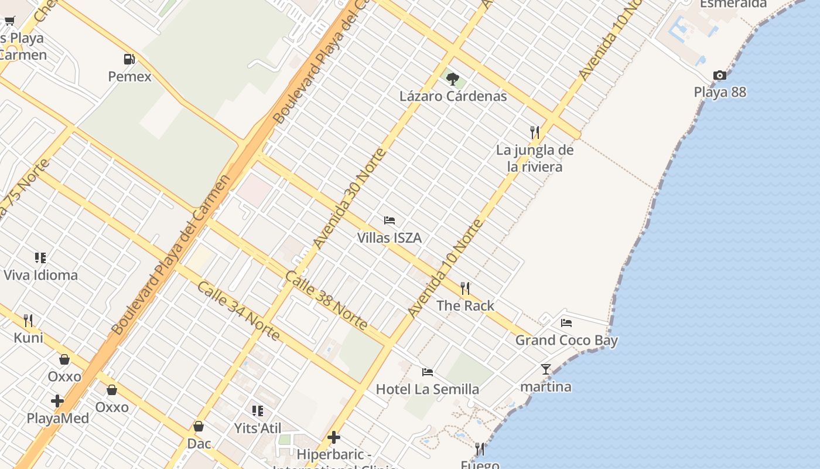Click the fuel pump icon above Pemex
click(x=129, y=59)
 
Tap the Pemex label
click(x=129, y=76)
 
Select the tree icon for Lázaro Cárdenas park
click(x=452, y=79)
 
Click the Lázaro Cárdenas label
click(x=453, y=96)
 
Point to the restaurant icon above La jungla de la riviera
click(x=534, y=132)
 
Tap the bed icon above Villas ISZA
click(x=389, y=220)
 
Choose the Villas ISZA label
click(x=389, y=238)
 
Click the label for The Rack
click(x=465, y=305)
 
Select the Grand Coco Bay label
click(x=566, y=340)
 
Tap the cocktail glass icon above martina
click(x=546, y=369)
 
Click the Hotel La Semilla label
click(x=427, y=389)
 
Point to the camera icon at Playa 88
click(x=720, y=75)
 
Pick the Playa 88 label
click(x=720, y=92)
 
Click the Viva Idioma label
click(x=40, y=275)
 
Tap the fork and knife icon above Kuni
click(x=28, y=320)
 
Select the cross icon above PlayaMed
click(x=57, y=401)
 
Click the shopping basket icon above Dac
click(x=199, y=426)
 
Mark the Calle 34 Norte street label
click(x=238, y=311)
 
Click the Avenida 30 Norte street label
click(x=350, y=198)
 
